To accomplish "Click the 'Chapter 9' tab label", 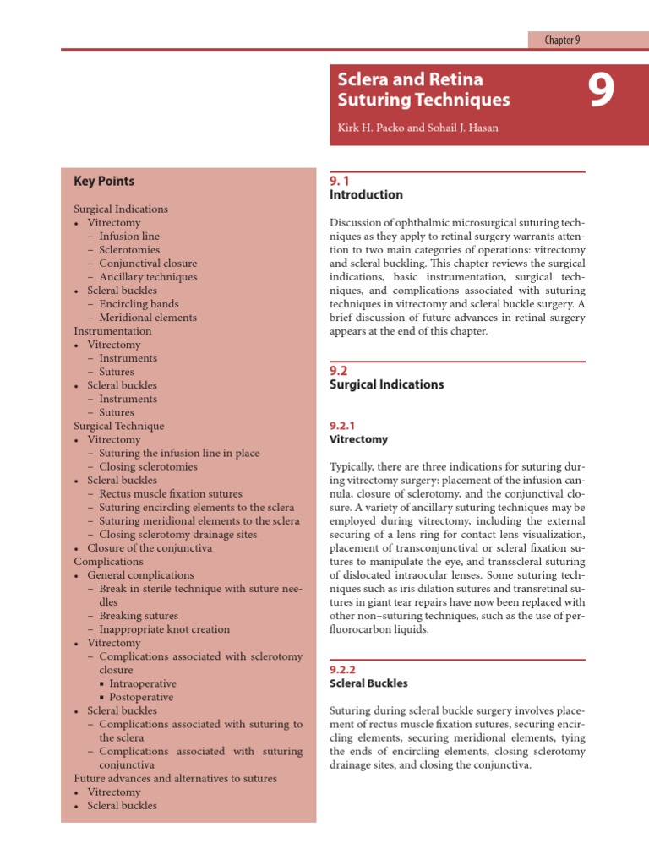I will coord(562,40).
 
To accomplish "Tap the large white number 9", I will coord(601,91).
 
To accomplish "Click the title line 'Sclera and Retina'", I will coord(410,79).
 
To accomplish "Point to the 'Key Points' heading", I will coord(104,181).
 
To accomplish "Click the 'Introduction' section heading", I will coord(365,194).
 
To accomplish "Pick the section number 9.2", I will coord(338,370).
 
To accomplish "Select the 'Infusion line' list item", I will coord(128,237).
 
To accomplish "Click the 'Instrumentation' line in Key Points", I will coord(112,331).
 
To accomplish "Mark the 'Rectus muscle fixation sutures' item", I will coord(170,493).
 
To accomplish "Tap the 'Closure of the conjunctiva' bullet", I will coord(150,547).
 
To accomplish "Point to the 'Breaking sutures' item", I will coord(139,616).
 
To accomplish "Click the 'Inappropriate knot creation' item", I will coord(164,629).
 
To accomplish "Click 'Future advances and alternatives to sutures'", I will coord(175,778).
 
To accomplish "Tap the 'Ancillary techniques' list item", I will coord(148,277).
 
